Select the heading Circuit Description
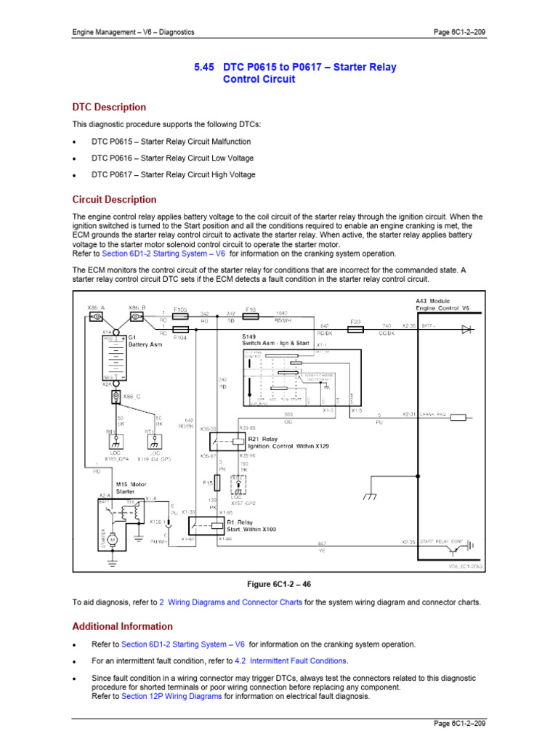(x=114, y=200)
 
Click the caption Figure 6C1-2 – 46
(x=278, y=584)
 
